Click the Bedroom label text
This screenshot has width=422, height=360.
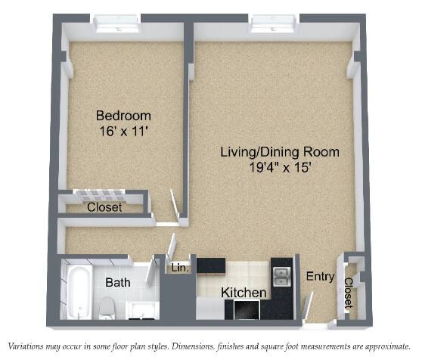[123, 116]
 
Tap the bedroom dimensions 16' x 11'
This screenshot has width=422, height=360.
[124, 132]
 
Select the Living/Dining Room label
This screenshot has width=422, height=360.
[280, 152]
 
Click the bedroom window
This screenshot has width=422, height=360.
[118, 24]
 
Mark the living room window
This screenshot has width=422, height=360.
[274, 24]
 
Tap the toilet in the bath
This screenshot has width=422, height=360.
[107, 307]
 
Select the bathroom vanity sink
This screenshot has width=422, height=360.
[141, 311]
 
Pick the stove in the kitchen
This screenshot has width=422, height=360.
[247, 309]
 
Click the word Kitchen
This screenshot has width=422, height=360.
[244, 293]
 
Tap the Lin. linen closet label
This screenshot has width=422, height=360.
[179, 268]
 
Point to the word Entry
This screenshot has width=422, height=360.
[320, 277]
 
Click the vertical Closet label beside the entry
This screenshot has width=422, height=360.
[348, 293]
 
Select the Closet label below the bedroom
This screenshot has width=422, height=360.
[104, 207]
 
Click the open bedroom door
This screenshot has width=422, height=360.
[175, 206]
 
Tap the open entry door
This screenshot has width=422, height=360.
[308, 307]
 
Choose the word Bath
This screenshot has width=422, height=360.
[118, 283]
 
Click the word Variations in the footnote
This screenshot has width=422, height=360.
[25, 346]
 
